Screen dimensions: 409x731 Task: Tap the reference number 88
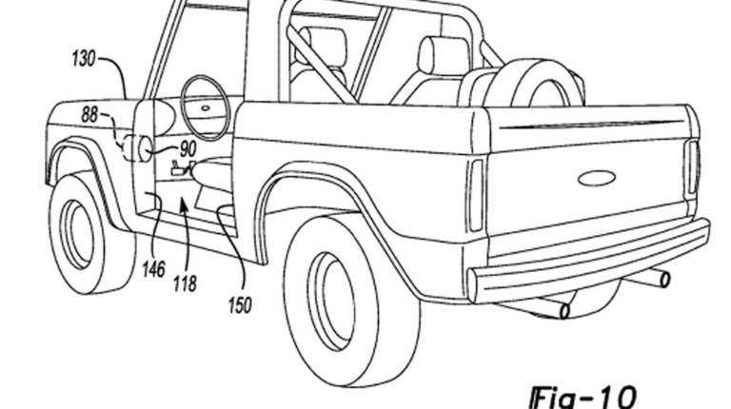89,115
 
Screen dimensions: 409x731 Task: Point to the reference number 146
153,271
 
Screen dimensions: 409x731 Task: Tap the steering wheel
204,107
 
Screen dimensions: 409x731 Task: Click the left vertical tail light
475,194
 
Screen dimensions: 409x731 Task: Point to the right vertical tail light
692,169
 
